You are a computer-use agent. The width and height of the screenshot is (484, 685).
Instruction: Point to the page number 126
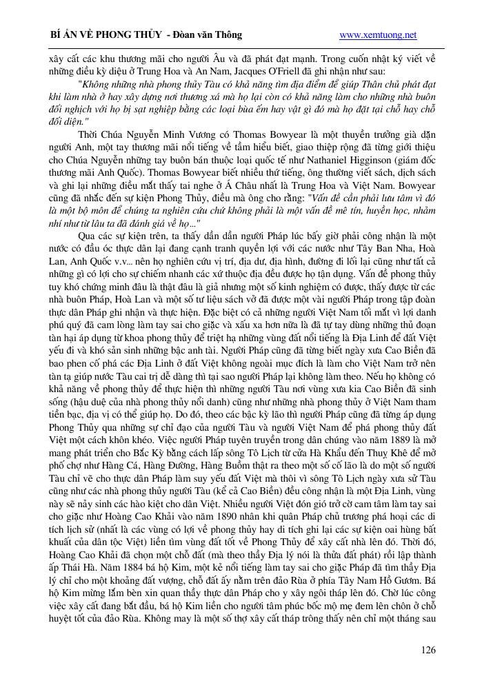point(427,650)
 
